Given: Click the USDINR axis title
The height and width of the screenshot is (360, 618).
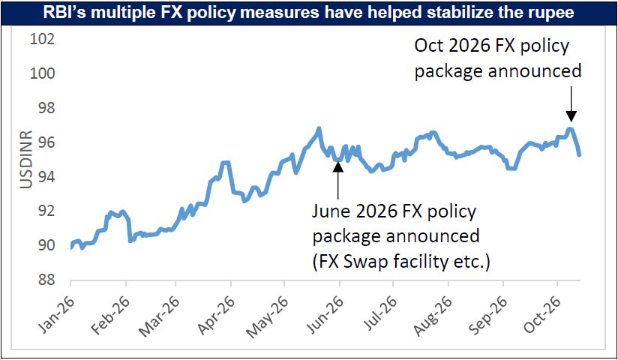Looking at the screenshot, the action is tap(26, 160).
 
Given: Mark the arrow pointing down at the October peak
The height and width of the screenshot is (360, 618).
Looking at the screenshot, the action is tap(571, 103).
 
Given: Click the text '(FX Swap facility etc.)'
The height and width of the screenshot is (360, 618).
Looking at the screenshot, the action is tap(401, 262).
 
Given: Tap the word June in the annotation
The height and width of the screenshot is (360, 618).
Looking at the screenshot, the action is tap(331, 211).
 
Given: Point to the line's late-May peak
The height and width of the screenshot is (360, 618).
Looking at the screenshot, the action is tap(319, 128).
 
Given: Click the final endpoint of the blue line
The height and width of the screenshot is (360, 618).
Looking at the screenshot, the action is tap(579, 155).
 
